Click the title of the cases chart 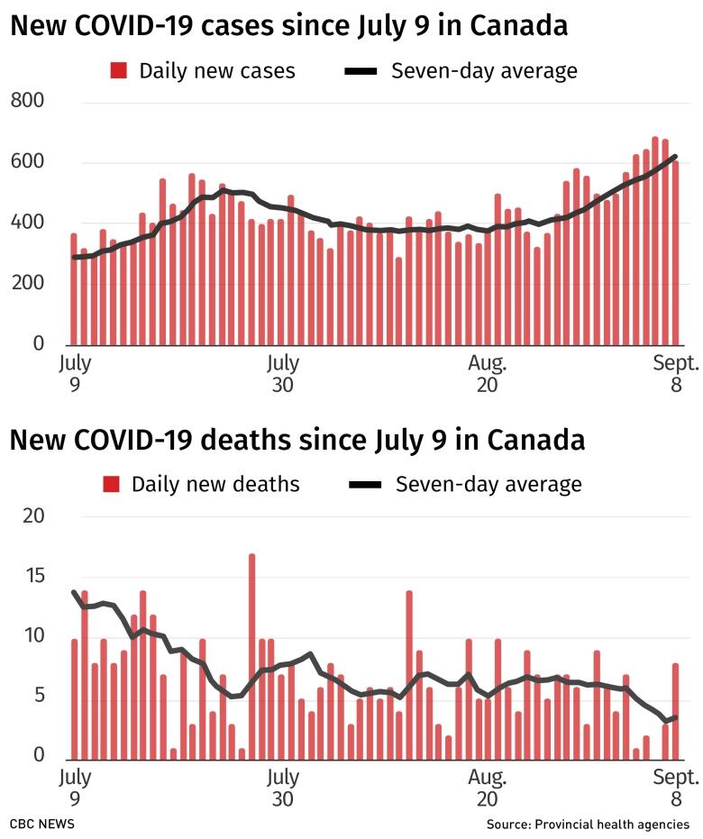point(289,26)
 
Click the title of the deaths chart point(297,441)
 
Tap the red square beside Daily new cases point(118,70)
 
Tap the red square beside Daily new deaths point(111,484)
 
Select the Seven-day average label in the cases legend point(484,70)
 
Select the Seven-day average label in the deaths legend point(488,484)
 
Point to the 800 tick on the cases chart point(27,101)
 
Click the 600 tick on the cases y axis point(27,162)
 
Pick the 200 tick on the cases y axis point(27,284)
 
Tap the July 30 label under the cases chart point(282,374)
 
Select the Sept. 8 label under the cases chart point(676,374)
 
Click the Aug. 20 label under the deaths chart point(487,788)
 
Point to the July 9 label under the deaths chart point(76,788)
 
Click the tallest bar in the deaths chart point(252,656)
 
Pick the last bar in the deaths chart point(675,711)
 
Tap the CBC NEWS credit point(42,825)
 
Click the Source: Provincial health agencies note point(588,825)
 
